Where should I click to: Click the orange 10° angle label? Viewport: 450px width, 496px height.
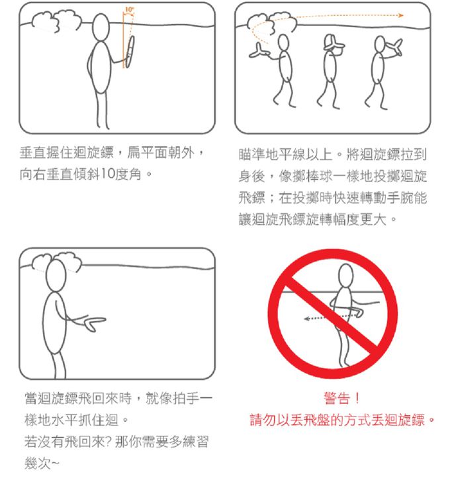click(x=129, y=9)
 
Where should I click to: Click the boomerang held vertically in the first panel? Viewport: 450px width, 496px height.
click(x=130, y=52)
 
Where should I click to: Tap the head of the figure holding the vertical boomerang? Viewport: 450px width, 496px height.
click(x=101, y=27)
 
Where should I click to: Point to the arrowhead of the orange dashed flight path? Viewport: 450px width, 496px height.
click(x=401, y=15)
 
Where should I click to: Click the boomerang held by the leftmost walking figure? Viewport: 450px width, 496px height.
click(x=259, y=51)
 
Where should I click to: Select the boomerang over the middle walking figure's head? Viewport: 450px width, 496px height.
click(x=334, y=43)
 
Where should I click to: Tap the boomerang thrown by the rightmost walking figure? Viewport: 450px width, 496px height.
click(x=394, y=47)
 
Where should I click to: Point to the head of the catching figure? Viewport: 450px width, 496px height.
click(x=56, y=276)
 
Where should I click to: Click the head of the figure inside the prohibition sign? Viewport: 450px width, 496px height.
click(x=345, y=276)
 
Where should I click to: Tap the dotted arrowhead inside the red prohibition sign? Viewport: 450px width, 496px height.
click(x=306, y=319)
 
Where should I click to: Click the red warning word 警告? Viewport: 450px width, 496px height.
click(x=337, y=398)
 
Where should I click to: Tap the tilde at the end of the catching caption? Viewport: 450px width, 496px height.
click(x=55, y=463)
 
